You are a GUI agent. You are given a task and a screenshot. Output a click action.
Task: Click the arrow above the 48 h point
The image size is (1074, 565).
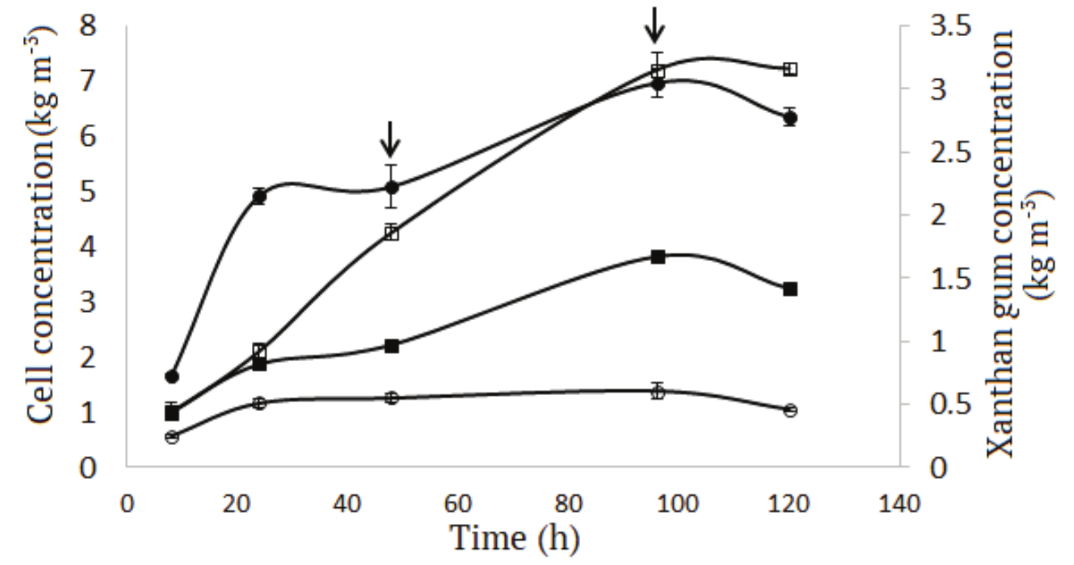pyautogui.click(x=390, y=139)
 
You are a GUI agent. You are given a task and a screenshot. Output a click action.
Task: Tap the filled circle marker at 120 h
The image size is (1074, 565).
pyautogui.click(x=790, y=118)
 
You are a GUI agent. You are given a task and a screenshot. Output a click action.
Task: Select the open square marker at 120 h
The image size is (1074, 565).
pyautogui.click(x=790, y=69)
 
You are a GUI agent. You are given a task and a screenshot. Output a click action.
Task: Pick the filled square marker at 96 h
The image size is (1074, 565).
pyautogui.click(x=658, y=257)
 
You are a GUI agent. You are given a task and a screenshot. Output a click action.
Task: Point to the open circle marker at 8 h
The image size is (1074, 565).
pyautogui.click(x=171, y=437)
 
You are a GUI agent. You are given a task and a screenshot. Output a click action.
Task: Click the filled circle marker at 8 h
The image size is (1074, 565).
pyautogui.click(x=171, y=377)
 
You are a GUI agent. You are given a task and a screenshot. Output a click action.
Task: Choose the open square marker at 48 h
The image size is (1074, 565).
pyautogui.click(x=391, y=233)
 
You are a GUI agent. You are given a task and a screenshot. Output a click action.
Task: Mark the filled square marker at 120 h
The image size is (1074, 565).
pyautogui.click(x=790, y=289)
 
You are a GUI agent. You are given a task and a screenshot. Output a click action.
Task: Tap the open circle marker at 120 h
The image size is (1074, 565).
pyautogui.click(x=790, y=410)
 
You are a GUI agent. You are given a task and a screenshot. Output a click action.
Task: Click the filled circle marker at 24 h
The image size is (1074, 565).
pyautogui.click(x=259, y=196)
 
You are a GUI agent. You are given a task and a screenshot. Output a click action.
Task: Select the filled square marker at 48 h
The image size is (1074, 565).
pyautogui.click(x=391, y=346)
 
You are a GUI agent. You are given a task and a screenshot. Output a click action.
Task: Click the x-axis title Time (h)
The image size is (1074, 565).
pyautogui.click(x=514, y=538)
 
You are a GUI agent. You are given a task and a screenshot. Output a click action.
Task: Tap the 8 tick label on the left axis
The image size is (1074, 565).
pyautogui.click(x=88, y=28)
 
